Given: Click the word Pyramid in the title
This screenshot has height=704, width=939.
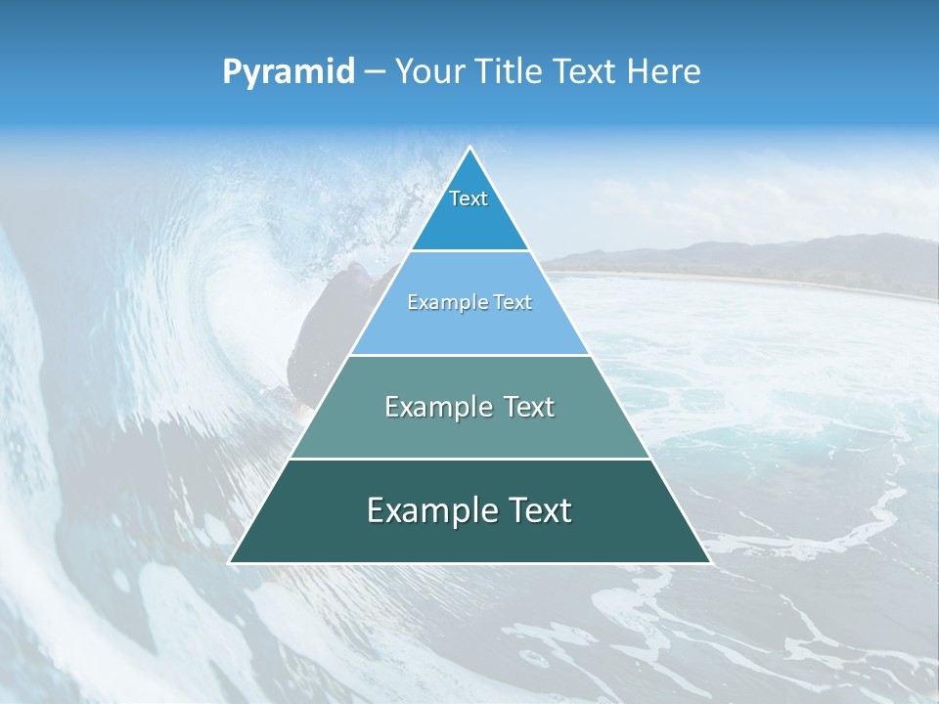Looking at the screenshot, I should tap(288, 72).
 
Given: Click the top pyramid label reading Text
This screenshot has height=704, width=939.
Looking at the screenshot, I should tap(469, 198).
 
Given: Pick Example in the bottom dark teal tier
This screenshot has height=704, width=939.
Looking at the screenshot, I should tap(427, 510).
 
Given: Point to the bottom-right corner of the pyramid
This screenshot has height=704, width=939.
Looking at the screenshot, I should tap(709, 562).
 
